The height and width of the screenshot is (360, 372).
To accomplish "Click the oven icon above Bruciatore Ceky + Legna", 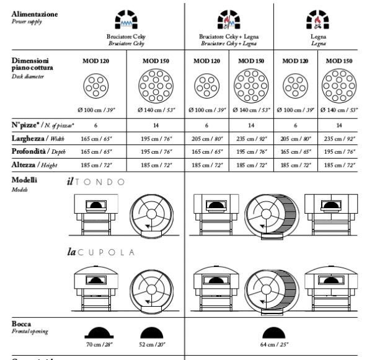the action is pos(229,19).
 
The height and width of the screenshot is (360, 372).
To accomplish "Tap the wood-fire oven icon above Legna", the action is pos(317,19).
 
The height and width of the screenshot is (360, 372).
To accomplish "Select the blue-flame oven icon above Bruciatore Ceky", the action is pos(126,19).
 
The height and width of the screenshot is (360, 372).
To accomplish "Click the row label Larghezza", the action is pos(28,138).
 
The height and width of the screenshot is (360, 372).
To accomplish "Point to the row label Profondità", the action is pos(29,151).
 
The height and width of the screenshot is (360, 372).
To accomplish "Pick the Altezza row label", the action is pos(24,165).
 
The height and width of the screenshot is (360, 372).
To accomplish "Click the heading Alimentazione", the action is pos(35,14).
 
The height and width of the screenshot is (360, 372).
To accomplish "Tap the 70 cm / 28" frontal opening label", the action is pos(99,344).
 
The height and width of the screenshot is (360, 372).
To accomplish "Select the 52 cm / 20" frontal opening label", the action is pos(152,344).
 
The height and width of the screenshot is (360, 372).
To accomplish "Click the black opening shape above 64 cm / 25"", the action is pos(274,333).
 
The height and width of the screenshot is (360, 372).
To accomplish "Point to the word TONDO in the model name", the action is pos(100,182).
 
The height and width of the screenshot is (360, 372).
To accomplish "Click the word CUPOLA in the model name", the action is pos(106,252).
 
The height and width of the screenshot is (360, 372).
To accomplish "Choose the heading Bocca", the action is pos(21,324).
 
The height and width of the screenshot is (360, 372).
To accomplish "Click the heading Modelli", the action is pos(24,180).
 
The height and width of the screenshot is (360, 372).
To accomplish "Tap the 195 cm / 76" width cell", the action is pos(156,139).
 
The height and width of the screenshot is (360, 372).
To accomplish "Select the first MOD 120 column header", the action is pos(96,61).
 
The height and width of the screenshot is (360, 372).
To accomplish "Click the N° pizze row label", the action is pos(25,125).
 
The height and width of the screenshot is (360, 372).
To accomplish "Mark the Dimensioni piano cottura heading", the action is pos(32,64).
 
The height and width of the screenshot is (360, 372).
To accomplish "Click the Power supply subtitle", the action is pos(27,22).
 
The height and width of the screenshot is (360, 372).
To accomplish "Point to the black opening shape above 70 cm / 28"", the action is pos(99,333).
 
